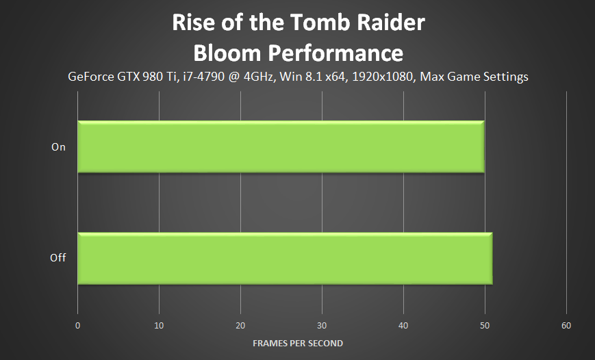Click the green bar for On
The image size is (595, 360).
tap(281, 146)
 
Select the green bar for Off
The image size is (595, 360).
tap(285, 258)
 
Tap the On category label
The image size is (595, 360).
tap(58, 146)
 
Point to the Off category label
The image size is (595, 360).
tap(58, 258)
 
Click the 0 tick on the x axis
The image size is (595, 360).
tap(78, 325)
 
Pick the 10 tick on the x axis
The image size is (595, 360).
tap(159, 325)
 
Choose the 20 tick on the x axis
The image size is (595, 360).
tap(240, 325)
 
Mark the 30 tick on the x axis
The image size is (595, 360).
tap(322, 325)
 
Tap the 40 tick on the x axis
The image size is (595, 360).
tap(403, 325)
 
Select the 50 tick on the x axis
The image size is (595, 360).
tap(485, 325)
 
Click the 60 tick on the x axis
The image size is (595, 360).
tap(566, 325)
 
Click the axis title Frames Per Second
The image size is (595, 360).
tap(297, 343)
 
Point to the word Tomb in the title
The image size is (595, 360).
tap(317, 23)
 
